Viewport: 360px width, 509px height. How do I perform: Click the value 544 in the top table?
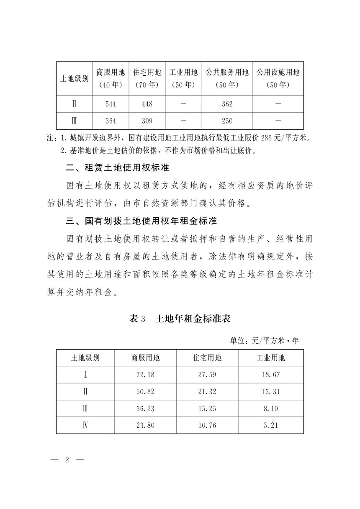click(x=111, y=104)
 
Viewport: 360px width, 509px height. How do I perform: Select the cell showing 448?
click(x=147, y=104)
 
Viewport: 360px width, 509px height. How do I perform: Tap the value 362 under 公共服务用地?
click(x=227, y=104)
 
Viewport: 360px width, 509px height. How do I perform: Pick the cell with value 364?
click(x=111, y=121)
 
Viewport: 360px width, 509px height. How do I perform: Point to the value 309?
click(x=147, y=121)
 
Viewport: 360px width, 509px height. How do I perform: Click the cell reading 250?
click(x=227, y=121)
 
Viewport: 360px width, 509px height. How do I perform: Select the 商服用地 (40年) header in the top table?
click(x=111, y=78)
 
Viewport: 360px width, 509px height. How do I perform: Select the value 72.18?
click(x=145, y=375)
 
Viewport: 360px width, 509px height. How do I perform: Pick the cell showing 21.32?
click(x=207, y=392)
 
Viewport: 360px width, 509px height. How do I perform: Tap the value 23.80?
click(x=145, y=426)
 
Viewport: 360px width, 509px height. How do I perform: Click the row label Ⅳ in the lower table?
click(x=85, y=426)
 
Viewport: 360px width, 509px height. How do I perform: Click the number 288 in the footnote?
click(x=267, y=138)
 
